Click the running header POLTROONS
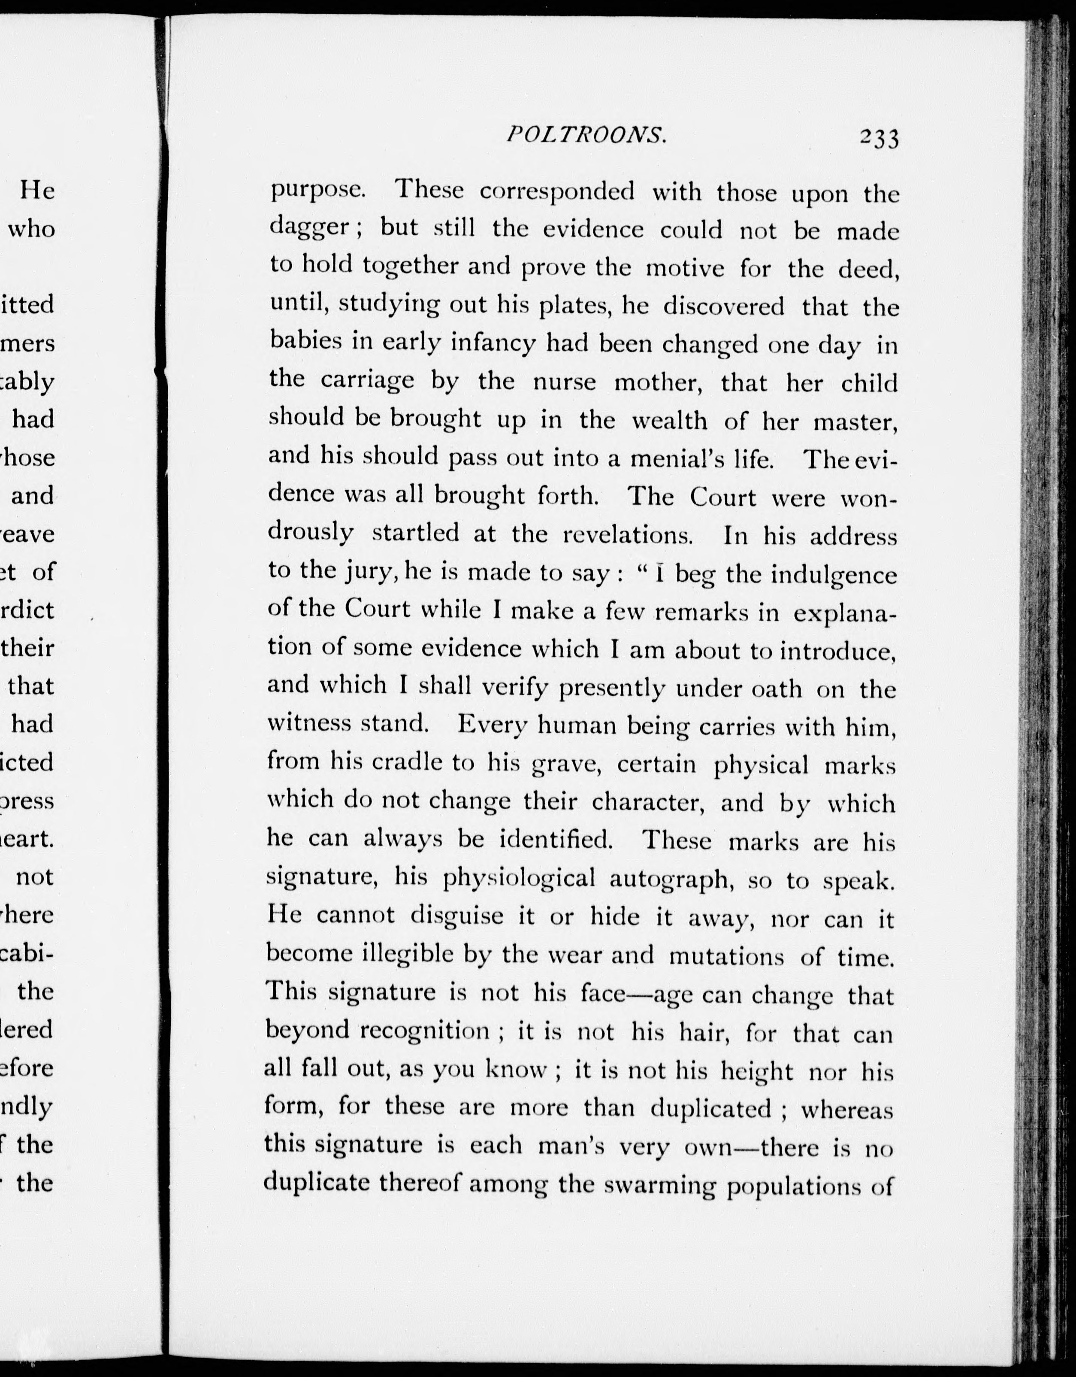click(586, 134)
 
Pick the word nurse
click(564, 382)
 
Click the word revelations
click(628, 535)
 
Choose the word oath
click(777, 688)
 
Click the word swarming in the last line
click(659, 1185)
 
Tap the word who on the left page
click(31, 229)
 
